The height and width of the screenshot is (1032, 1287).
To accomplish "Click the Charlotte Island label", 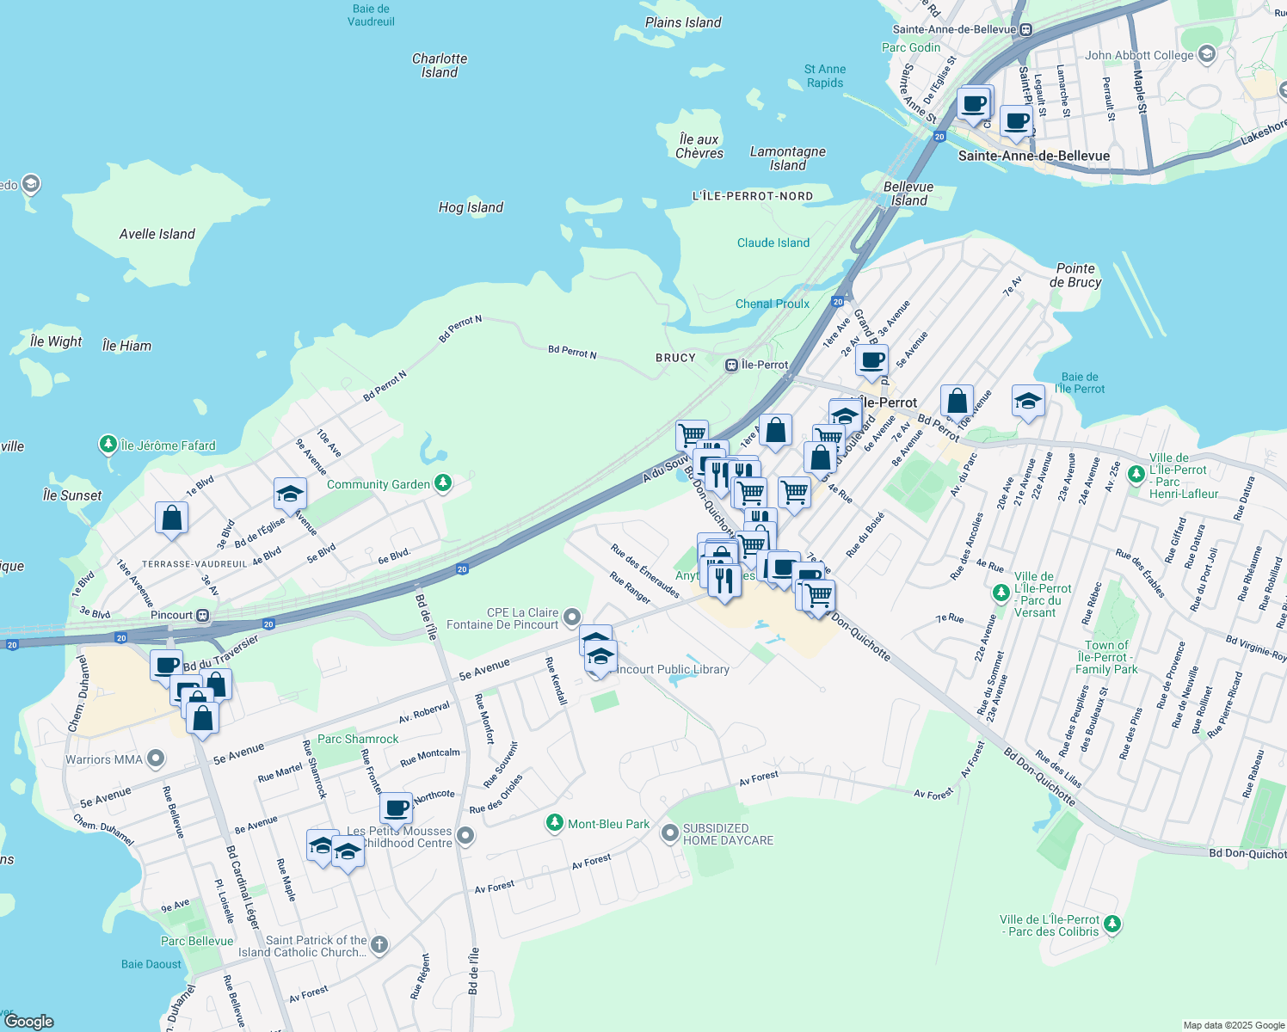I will (x=440, y=65).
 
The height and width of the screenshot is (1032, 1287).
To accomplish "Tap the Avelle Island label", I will (x=157, y=234).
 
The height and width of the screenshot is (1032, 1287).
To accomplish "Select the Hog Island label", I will (x=471, y=207).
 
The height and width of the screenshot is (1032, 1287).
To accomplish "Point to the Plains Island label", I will (x=683, y=22).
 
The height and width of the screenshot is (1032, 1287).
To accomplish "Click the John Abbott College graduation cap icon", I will (x=1207, y=55).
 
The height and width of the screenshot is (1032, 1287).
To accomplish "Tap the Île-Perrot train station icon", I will (x=731, y=365).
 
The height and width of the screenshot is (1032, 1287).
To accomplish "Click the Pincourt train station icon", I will (x=203, y=615).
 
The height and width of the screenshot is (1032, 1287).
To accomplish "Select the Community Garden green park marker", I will (x=443, y=484).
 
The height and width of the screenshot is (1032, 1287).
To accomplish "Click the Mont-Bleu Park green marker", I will (x=555, y=824).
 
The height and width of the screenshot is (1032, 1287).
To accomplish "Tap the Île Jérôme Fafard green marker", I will (x=108, y=445).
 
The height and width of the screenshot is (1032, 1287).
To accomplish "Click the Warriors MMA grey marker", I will (x=156, y=759).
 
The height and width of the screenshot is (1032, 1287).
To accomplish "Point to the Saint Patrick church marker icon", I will (x=379, y=946).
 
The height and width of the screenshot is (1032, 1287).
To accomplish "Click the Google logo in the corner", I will (x=29, y=1022).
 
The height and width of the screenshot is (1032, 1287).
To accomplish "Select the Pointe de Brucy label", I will (x=1075, y=275).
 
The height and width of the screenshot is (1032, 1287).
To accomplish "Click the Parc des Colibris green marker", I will (x=1112, y=924).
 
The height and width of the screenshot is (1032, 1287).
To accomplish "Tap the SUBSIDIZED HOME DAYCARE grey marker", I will (x=669, y=833).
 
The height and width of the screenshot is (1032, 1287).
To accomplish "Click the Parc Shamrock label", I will (x=358, y=739).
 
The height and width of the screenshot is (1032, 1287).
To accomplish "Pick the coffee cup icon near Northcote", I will (x=397, y=808).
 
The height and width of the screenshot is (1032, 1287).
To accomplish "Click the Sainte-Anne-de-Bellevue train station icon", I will (x=1025, y=29).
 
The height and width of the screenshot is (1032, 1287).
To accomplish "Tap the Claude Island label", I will (x=773, y=243).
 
